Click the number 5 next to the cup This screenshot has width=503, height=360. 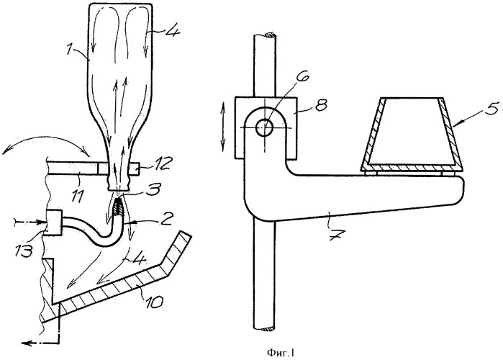(x=494, y=108)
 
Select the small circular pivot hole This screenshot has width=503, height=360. (x=264, y=127)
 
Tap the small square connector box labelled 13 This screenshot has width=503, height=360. (x=54, y=223)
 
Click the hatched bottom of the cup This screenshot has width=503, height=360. (x=412, y=167)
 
